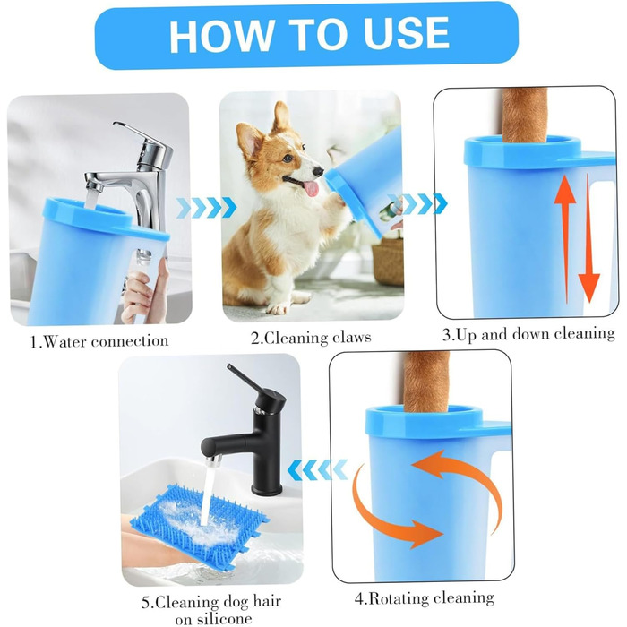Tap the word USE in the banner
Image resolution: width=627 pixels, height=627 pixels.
pyautogui.click(x=407, y=34)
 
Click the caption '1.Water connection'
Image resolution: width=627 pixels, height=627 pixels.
pyautogui.click(x=99, y=341)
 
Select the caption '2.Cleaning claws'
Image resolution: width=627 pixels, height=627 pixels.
pyautogui.click(x=311, y=338)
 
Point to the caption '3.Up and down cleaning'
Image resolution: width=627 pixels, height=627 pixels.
pyautogui.click(x=528, y=334)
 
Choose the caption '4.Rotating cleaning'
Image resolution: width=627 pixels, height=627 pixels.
pyautogui.click(x=425, y=597)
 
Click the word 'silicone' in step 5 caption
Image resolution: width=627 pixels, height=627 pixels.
pyautogui.click(x=213, y=619)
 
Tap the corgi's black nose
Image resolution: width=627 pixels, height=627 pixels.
pyautogui.click(x=318, y=172)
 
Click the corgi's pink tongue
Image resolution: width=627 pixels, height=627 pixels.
pyautogui.click(x=311, y=188)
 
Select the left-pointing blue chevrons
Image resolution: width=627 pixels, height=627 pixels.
pyautogui.click(x=317, y=470)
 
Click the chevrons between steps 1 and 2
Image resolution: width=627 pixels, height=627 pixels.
pyautogui.click(x=206, y=208)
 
